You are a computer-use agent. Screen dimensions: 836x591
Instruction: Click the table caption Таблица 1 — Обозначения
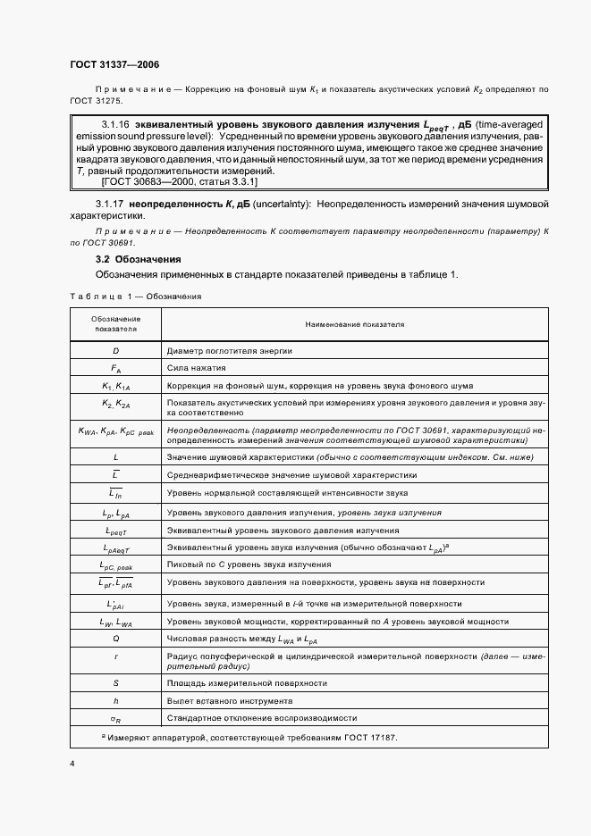tap(135, 296)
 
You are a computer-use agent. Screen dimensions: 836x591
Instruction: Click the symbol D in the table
tap(116, 351)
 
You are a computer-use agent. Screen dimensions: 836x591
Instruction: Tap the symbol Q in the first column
tap(116, 639)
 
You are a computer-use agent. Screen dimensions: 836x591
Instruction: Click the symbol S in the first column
tap(116, 682)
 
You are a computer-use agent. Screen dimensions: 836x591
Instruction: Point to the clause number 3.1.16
tap(116, 123)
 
